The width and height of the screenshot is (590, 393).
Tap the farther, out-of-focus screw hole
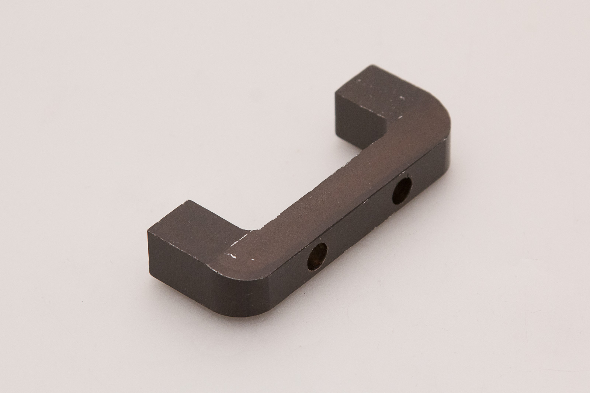(x=402, y=190)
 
